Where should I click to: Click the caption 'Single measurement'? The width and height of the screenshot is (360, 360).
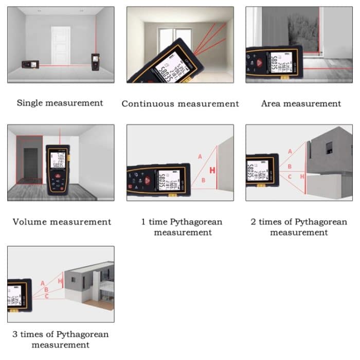[x=60, y=103]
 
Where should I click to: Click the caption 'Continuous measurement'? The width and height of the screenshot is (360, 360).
[x=180, y=103]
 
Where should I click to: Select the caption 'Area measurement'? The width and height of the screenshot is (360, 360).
[x=301, y=103]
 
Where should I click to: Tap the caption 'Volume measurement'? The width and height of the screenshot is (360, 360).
[x=62, y=222]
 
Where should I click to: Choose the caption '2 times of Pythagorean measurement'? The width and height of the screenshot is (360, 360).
[x=299, y=227]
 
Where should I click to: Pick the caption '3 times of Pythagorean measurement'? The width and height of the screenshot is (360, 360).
[x=61, y=339]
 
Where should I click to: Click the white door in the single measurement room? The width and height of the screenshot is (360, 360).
[x=61, y=45]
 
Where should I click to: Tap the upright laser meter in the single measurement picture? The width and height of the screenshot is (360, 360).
[x=95, y=62]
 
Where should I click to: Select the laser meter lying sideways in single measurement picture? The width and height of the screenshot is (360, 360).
[x=30, y=65]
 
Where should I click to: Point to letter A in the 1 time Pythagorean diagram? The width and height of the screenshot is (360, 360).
[x=200, y=156]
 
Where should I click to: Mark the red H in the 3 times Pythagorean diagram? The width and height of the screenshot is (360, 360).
[x=60, y=281]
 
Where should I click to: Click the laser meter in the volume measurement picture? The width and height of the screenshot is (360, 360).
[x=58, y=169]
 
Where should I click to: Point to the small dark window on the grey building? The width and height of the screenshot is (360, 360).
[x=329, y=148]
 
